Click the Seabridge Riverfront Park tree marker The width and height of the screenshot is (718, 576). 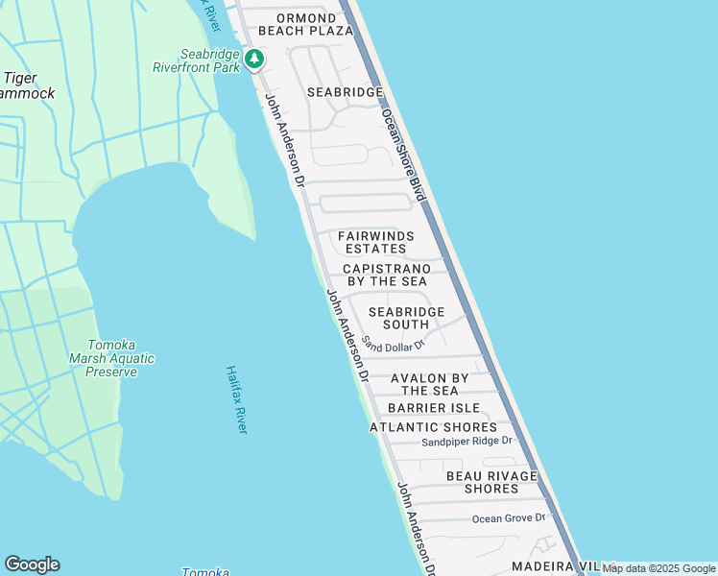[x=254, y=60]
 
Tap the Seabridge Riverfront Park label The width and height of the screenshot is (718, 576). [x=196, y=60]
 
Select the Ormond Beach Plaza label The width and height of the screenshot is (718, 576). [x=306, y=24]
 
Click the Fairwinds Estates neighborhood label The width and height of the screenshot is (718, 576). [x=376, y=242]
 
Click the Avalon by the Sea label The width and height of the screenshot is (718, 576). [x=430, y=384]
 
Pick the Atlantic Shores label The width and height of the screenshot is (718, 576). [x=434, y=427]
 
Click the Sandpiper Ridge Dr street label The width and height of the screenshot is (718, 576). [x=467, y=442]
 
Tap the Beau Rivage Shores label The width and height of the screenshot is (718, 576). [x=491, y=482]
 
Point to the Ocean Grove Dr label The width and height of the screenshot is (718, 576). [x=508, y=518]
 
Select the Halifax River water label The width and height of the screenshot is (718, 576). [x=236, y=398]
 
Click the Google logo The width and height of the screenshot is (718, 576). [x=32, y=564]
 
